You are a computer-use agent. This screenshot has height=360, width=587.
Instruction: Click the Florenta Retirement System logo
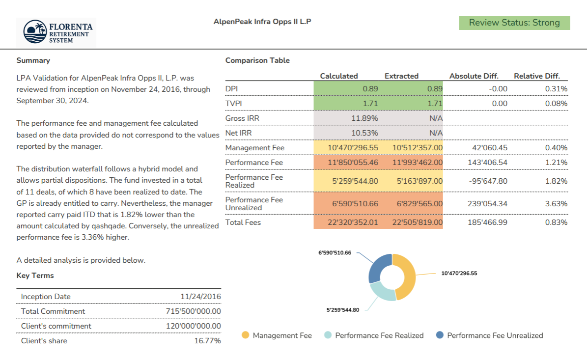tap(56, 32)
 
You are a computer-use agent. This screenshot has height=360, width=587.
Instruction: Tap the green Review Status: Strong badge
tap(514, 23)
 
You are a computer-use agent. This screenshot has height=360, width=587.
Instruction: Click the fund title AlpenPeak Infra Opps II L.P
tap(262, 22)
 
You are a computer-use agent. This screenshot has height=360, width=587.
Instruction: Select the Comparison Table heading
tap(257, 60)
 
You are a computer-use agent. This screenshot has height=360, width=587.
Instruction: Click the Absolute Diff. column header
tap(474, 76)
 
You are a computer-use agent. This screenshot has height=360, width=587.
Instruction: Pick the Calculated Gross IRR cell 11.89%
tap(364, 118)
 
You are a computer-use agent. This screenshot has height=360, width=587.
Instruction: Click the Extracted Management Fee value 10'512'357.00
tap(418, 148)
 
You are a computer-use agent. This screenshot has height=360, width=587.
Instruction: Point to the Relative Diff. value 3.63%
tap(556, 204)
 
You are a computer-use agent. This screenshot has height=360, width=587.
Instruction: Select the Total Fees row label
tap(243, 222)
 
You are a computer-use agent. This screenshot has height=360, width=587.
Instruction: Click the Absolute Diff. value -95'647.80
tap(488, 181)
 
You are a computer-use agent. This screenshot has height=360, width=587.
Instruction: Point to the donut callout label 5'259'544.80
tap(342, 310)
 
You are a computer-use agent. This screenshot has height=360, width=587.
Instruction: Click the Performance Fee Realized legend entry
tap(374, 335)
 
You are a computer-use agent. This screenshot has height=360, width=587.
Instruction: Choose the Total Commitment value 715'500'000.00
tap(193, 311)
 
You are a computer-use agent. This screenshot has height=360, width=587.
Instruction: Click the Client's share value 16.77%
tap(207, 341)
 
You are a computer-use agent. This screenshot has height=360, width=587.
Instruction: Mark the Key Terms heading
tap(35, 276)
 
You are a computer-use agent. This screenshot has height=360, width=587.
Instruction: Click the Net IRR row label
tap(238, 133)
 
